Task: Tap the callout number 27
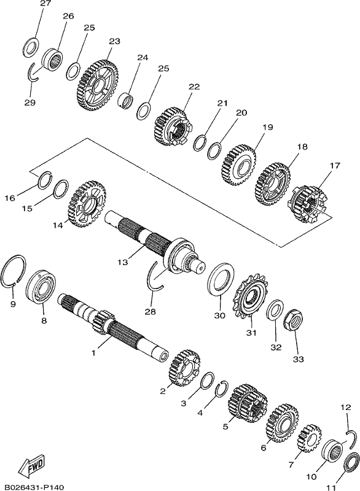tap(45, 4)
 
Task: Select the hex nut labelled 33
tap(293, 320)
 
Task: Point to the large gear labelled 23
tap(97, 85)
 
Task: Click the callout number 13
tap(123, 262)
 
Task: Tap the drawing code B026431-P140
tap(32, 487)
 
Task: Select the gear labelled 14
tap(87, 204)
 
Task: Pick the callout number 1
tap(93, 352)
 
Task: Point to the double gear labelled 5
tap(248, 403)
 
